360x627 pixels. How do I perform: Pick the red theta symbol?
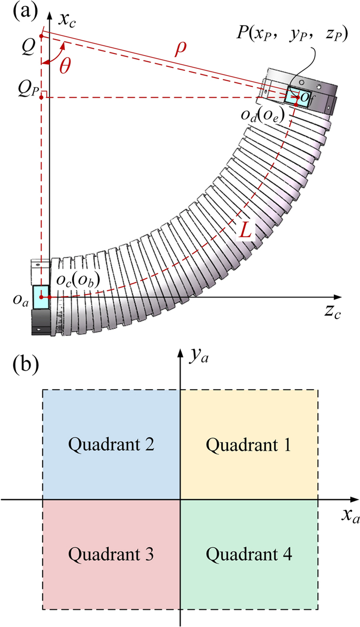pyautogui.click(x=65, y=67)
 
